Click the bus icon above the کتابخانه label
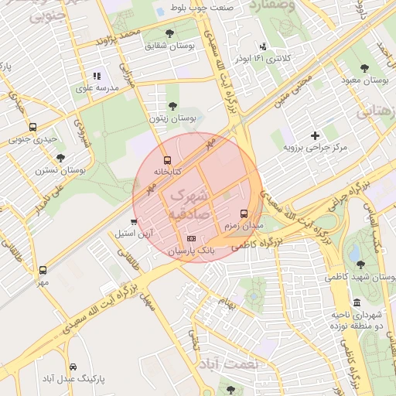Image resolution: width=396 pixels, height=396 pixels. pyautogui.click(x=168, y=159)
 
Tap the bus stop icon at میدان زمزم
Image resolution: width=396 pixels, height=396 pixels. pyautogui.click(x=244, y=213)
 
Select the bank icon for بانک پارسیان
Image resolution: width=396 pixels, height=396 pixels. pyautogui.click(x=191, y=239)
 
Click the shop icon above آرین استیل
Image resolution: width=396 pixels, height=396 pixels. pyautogui.click(x=135, y=221)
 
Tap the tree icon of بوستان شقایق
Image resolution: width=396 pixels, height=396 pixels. pyautogui.click(x=169, y=33)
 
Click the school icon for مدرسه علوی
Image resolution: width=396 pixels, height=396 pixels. pyautogui.click(x=97, y=76)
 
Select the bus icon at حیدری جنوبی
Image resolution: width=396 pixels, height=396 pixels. pyautogui.click(x=32, y=127)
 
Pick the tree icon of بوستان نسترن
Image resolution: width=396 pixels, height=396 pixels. pyautogui.click(x=61, y=157)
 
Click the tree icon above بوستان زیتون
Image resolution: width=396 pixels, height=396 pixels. pyautogui.click(x=172, y=106)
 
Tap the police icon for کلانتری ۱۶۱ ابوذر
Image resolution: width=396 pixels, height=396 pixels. pyautogui.click(x=264, y=46)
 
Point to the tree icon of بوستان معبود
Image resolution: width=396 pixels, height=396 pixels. pyautogui.click(x=364, y=68)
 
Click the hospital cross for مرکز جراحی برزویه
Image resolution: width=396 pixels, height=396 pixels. pyautogui.click(x=315, y=135)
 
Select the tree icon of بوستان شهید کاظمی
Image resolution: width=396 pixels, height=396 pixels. pyautogui.click(x=360, y=264)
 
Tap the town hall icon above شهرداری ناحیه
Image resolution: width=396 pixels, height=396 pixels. pyautogui.click(x=356, y=302)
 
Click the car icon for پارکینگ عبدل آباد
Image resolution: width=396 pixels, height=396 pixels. pyautogui.click(x=73, y=367)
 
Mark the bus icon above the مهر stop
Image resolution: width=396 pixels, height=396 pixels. pyautogui.click(x=42, y=271)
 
